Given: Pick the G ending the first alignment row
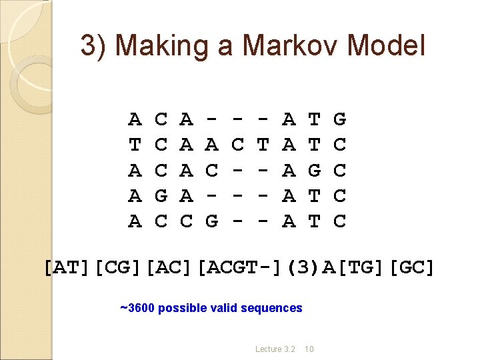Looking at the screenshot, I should point(339,120).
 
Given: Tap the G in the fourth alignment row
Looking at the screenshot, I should point(161,196).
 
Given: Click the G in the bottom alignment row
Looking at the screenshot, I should point(211,221).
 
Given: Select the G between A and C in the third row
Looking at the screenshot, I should point(314,171).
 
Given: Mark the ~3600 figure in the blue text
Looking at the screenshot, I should point(137,308).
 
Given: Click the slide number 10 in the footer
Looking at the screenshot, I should point(311,349).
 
